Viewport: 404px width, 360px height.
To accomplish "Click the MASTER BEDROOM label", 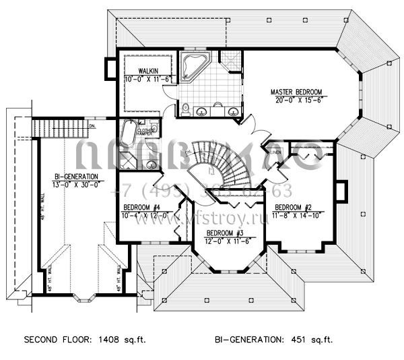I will click(x=296, y=91).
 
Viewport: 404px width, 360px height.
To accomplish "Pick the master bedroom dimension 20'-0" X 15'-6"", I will click(x=296, y=100).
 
